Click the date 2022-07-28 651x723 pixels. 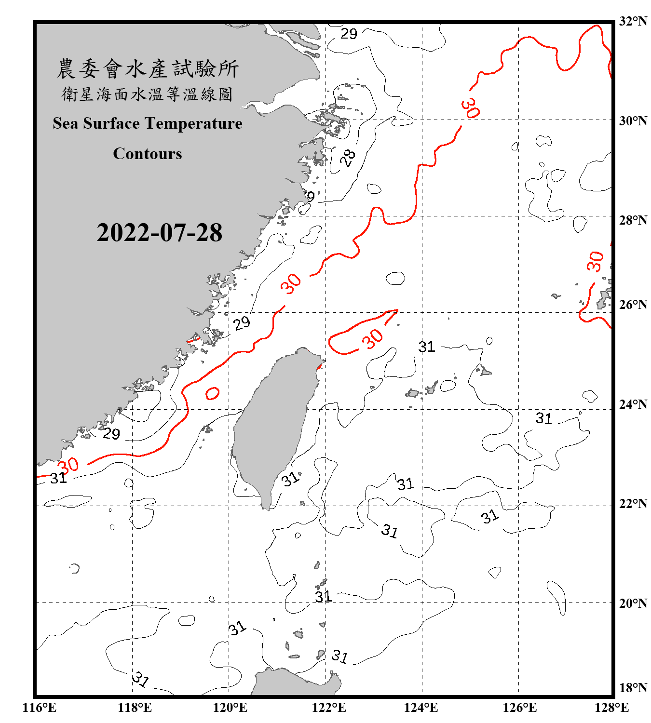159,233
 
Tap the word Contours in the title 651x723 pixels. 148,154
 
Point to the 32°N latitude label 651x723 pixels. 633,21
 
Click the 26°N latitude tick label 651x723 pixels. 633,305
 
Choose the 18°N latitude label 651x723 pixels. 633,688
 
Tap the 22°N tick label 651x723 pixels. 633,504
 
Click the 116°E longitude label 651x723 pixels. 40,708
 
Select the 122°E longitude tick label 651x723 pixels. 329,708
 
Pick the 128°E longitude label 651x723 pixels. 611,708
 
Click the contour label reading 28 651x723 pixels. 348,158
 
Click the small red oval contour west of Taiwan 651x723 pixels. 212,393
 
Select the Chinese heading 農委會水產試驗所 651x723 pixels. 148,69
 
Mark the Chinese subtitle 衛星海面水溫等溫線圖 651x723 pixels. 148,94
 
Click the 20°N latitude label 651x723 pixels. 633,603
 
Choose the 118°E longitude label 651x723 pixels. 135,708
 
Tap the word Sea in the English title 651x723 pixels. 66,123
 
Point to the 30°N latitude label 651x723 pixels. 633,120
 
